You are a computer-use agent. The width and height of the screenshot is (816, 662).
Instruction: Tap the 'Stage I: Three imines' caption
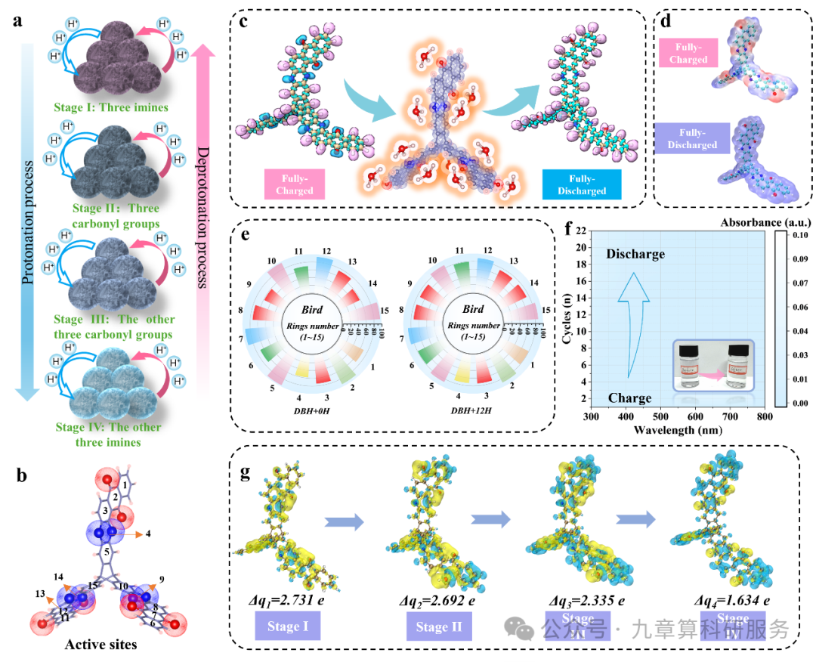[x=111, y=107]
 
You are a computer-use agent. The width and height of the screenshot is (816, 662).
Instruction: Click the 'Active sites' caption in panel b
[x=100, y=645]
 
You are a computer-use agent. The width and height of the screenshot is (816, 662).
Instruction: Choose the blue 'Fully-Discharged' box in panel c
[x=582, y=185]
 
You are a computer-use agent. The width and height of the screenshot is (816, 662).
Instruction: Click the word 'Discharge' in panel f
[x=635, y=254]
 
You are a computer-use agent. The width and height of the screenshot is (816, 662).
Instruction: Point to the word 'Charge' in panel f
[x=630, y=398]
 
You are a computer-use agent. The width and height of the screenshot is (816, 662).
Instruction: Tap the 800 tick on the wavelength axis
[x=765, y=417]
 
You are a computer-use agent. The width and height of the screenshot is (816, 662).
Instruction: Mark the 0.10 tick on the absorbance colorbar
[x=801, y=236]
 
